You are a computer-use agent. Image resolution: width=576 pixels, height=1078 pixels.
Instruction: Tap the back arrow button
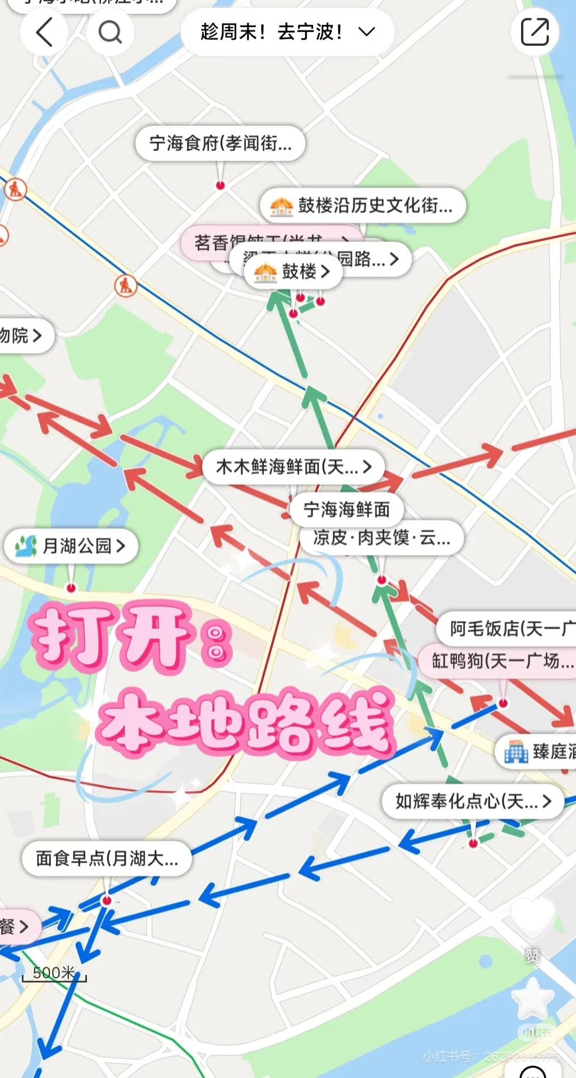click(44, 32)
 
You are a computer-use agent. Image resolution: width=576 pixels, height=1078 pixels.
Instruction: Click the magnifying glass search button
click(110, 32)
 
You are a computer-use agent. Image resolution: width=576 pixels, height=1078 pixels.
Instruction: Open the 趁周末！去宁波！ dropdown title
click(287, 32)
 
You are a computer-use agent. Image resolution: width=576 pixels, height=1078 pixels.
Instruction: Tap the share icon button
click(534, 32)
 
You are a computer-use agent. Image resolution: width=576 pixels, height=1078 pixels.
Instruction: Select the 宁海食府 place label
click(220, 143)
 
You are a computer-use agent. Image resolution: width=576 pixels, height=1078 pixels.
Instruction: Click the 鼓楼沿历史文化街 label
click(363, 205)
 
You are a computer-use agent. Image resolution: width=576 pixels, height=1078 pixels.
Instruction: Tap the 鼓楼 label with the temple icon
click(293, 272)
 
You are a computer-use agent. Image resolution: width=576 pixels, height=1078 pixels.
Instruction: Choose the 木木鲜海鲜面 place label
click(293, 467)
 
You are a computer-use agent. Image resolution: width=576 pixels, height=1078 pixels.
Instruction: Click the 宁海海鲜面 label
click(346, 509)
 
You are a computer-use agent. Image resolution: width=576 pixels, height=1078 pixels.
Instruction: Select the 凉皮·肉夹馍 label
click(381, 538)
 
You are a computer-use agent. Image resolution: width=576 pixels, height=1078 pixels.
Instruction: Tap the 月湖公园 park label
click(71, 545)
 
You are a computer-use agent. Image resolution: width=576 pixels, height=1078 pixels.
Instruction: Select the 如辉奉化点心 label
click(473, 801)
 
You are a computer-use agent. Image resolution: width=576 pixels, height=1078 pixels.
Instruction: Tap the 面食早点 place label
click(107, 858)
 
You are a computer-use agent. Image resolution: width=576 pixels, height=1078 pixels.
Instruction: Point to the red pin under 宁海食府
click(220, 186)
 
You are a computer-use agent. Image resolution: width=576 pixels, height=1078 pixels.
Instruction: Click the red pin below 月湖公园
click(71, 588)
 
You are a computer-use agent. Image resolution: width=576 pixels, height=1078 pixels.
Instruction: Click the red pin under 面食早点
click(107, 900)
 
